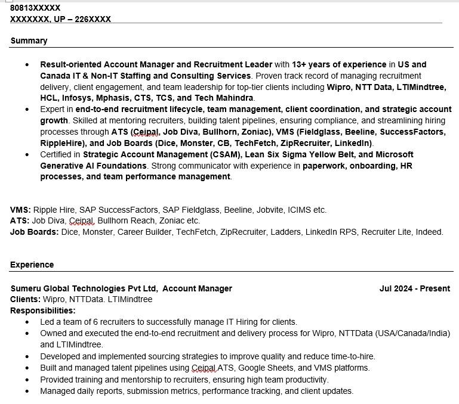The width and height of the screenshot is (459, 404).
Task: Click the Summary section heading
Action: coord(29,41)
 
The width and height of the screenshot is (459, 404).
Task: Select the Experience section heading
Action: coord(32,265)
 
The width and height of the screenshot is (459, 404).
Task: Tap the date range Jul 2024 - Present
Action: coord(414,288)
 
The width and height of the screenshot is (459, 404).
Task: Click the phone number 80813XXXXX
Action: coord(35,8)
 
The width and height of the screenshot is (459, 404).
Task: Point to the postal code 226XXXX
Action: coord(93,19)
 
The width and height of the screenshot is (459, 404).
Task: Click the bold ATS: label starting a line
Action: coord(20,220)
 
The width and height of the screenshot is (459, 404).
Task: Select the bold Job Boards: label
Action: coord(34,232)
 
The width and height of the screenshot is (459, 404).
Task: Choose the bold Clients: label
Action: coord(25,299)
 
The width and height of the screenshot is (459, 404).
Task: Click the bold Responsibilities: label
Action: coord(43,310)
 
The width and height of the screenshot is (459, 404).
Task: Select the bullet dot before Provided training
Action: coord(27,380)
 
